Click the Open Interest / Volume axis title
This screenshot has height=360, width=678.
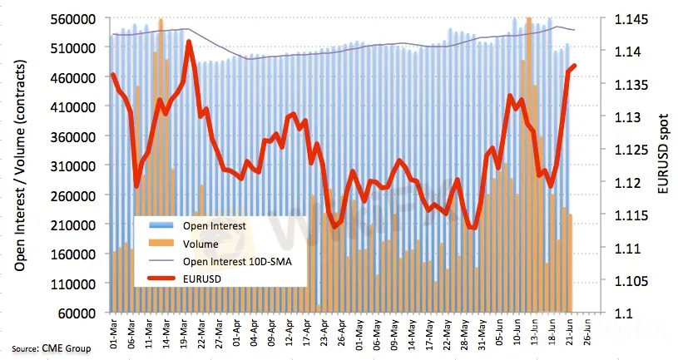pyautogui.click(x=18, y=166)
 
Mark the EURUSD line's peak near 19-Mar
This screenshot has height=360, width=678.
pyautogui.click(x=190, y=41)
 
